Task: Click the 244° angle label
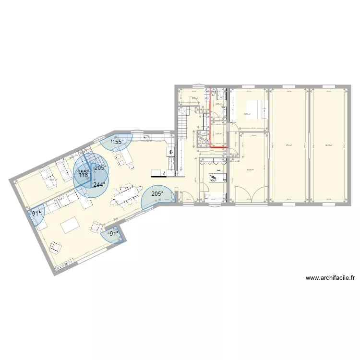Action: click(99, 185)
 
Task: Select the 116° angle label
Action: click(84, 176)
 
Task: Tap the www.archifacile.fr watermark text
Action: click(330, 278)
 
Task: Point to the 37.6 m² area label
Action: click(289, 145)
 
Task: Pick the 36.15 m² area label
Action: click(329, 145)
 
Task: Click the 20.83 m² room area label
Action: click(250, 169)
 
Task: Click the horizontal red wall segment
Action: click(218, 148)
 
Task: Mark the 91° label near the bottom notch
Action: click(113, 234)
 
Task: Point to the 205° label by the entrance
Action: click(156, 194)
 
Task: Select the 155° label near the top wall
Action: click(118, 142)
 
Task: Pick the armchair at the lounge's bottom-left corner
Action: click(57, 247)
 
